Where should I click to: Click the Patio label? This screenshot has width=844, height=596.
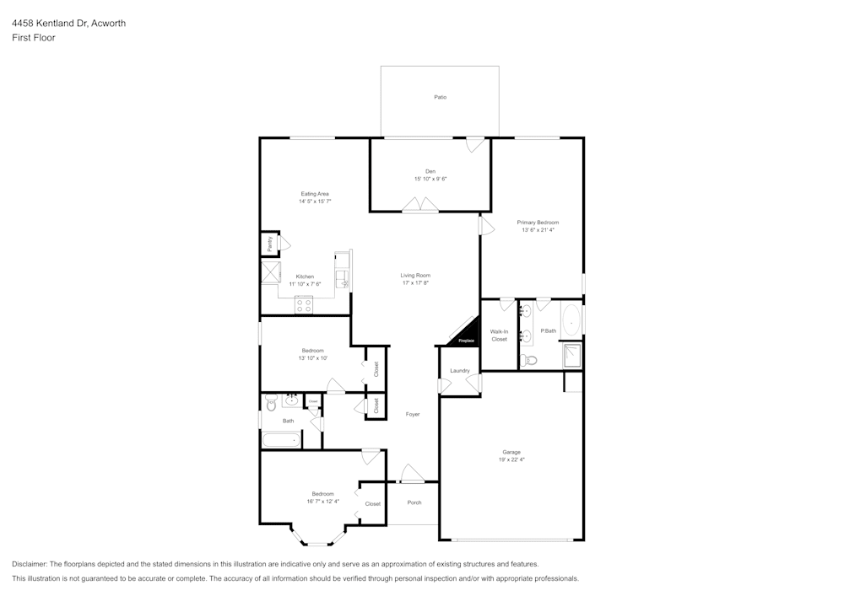[x=440, y=98]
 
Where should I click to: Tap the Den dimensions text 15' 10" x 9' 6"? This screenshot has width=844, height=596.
[x=430, y=179]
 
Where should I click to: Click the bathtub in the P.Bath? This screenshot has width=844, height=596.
[x=572, y=320]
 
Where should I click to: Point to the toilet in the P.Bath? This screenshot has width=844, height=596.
[x=528, y=360]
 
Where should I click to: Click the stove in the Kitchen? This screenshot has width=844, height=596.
[x=303, y=307]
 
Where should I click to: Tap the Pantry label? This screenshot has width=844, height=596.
[x=270, y=244]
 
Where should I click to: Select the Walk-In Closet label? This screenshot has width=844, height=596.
[x=499, y=336]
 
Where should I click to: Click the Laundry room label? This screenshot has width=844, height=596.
[x=459, y=371]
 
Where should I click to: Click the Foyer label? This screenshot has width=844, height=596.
[x=413, y=414]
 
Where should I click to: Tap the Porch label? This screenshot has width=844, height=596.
[x=414, y=502]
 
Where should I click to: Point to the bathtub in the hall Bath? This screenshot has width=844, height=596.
[x=280, y=439]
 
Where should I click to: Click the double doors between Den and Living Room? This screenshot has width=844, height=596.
[x=419, y=205]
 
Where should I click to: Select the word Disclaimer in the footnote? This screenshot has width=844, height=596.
[x=30, y=564]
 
